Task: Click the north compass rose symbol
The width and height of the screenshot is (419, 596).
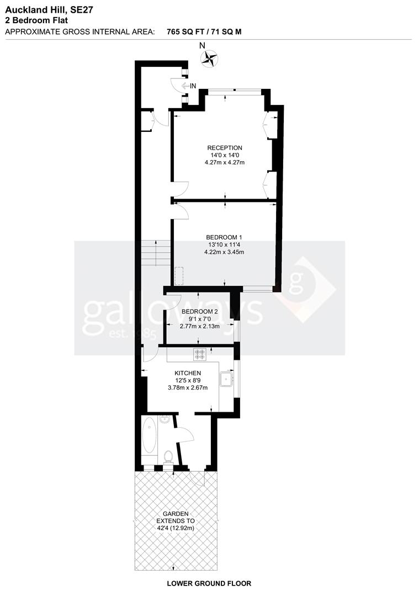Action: point(209,58)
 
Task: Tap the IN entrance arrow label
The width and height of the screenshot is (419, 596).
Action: point(190,86)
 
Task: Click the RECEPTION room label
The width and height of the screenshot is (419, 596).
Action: point(224,147)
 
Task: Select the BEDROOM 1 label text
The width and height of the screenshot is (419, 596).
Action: point(224,237)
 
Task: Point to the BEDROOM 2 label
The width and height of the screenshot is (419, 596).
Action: point(200,311)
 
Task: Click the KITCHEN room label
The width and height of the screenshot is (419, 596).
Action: point(188,373)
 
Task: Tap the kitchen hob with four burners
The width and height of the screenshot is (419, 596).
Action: point(200,354)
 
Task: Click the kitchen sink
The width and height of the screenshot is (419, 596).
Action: point(226,379)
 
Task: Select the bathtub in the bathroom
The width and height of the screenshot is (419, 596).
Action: point(150,435)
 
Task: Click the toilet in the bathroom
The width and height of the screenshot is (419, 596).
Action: point(168,456)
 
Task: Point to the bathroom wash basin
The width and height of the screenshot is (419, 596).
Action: point(164,419)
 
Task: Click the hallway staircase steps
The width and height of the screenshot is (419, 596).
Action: point(156,253)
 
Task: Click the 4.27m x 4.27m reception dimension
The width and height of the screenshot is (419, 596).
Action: point(224,162)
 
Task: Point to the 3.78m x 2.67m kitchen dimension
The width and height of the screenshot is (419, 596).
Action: point(188,387)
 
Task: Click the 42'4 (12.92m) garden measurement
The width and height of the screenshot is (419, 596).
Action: point(176,528)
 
